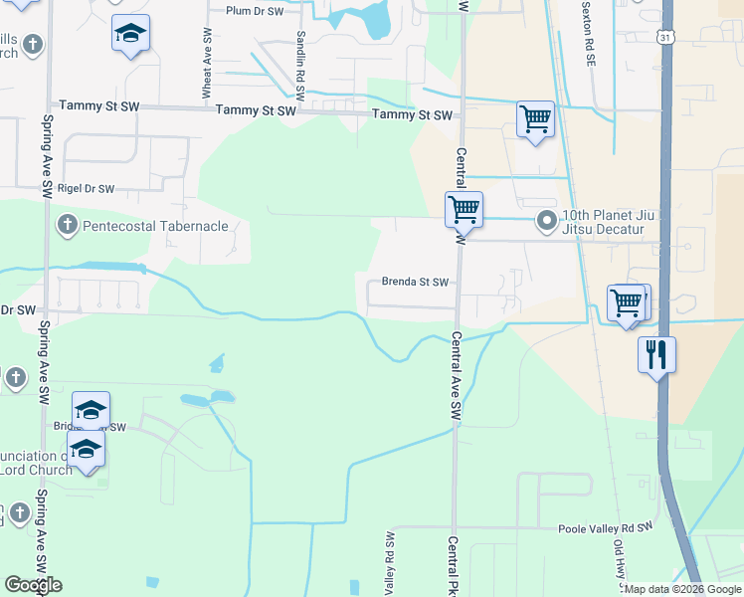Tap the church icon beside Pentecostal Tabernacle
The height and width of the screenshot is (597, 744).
point(68,224)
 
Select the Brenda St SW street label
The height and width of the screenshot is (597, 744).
point(417,282)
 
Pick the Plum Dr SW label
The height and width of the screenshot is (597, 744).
point(255,10)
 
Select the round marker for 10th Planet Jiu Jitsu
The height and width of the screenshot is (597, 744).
point(545,220)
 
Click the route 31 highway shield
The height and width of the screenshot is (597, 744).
point(663,35)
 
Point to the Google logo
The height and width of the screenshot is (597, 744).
point(33,585)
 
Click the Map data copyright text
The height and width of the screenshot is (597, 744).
point(682,589)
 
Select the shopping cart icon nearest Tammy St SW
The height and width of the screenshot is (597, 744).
point(535,119)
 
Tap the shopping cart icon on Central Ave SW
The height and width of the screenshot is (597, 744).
point(464,209)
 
